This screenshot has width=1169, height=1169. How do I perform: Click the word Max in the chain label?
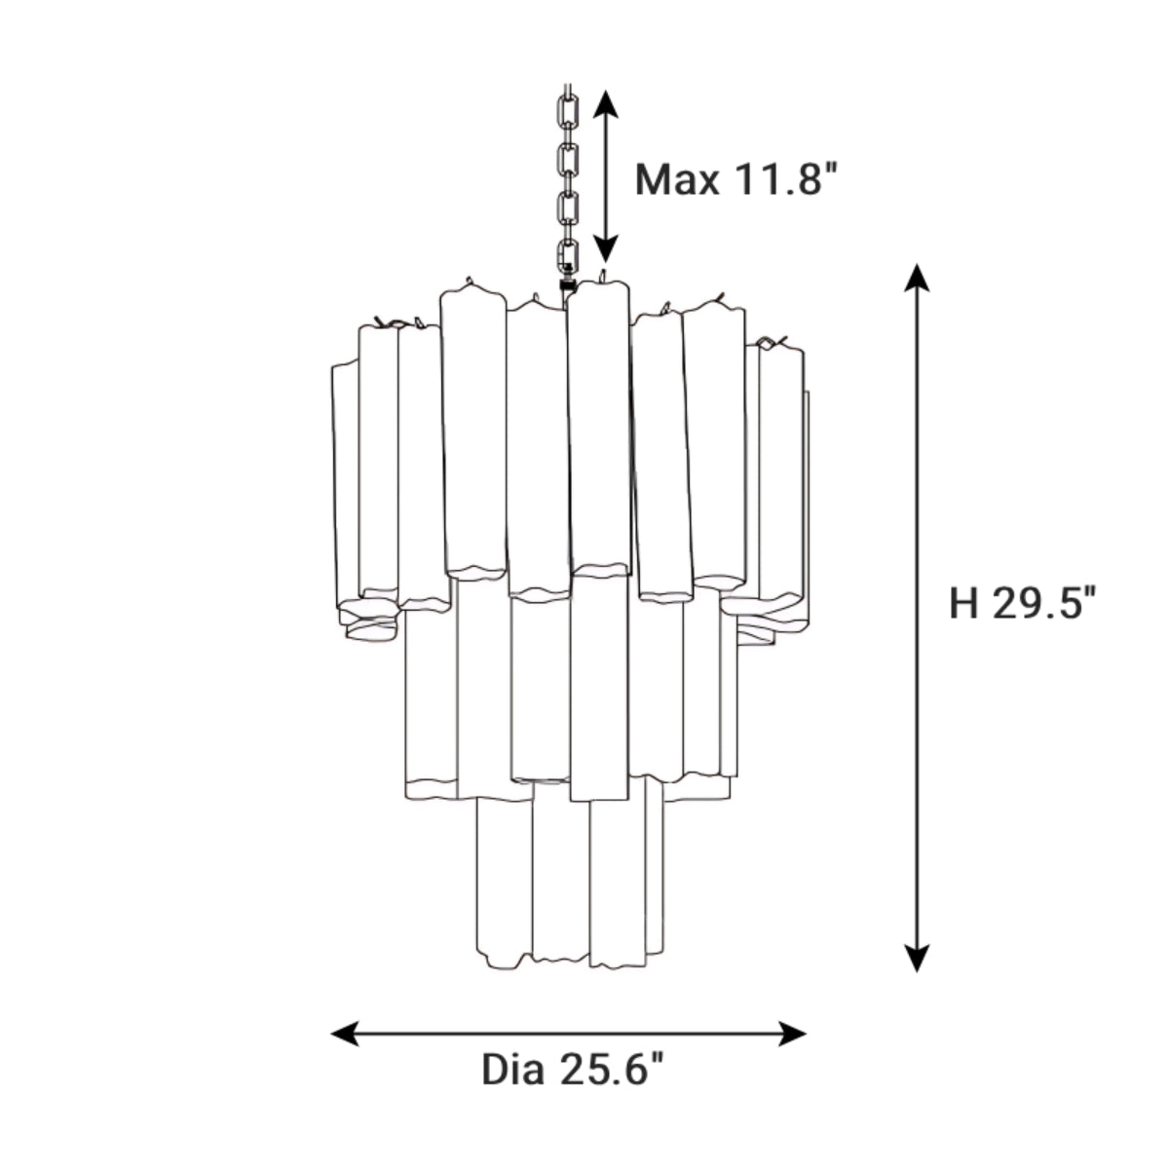(x=677, y=180)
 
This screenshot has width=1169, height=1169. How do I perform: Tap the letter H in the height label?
(x=963, y=604)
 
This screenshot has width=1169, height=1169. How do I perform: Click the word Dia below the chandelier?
(x=512, y=1070)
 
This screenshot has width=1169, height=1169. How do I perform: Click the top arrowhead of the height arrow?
(x=916, y=277)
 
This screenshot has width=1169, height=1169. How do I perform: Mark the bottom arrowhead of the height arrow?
(x=916, y=959)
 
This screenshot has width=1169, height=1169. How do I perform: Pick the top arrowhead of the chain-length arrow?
(x=606, y=103)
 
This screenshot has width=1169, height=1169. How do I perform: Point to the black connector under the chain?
(x=565, y=287)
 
